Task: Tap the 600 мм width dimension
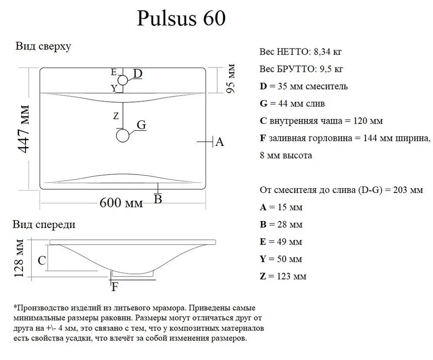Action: (121, 203)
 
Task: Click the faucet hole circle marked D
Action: (123, 80)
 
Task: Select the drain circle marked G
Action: (123, 136)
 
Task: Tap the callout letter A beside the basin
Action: (220, 142)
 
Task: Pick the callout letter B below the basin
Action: (158, 199)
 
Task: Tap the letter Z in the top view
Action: (115, 116)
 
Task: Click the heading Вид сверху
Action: (43, 47)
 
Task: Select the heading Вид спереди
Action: (44, 225)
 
